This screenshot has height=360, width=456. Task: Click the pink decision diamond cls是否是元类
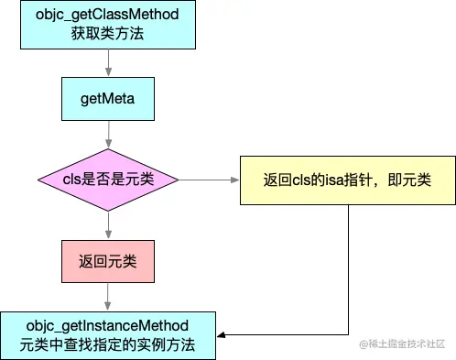pyautogui.click(x=109, y=178)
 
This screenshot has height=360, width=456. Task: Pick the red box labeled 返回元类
pyautogui.click(x=109, y=261)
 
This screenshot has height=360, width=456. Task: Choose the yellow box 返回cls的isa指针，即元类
pyautogui.click(x=348, y=178)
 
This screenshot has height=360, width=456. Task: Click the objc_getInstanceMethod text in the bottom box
pyautogui.click(x=108, y=326)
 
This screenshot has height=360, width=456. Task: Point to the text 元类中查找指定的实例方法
pyautogui.click(x=108, y=345)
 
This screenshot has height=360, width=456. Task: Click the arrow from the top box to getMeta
pyautogui.click(x=109, y=64)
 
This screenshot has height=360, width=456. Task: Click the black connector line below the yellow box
pyautogui.click(x=348, y=275)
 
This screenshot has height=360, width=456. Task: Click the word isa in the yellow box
pyautogui.click(x=337, y=178)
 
